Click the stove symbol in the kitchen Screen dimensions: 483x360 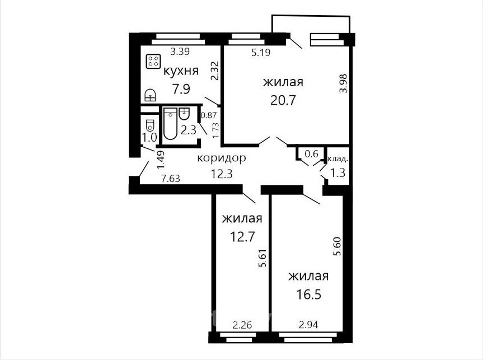click(153, 61)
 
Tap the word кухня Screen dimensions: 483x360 click(181, 71)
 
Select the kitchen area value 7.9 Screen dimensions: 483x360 click(181, 90)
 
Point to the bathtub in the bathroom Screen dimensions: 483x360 click(170, 123)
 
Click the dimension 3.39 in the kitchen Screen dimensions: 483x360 click(180, 52)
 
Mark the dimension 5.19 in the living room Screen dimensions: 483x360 click(261, 53)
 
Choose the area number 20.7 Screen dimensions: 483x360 click(283, 100)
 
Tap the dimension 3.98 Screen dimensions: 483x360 click(343, 83)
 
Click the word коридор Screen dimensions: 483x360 click(222, 158)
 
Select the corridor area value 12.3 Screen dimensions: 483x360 click(222, 174)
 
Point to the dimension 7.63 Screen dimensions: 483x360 click(171, 178)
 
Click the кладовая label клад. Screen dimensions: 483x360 click(338, 159)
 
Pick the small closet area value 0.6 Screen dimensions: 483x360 click(311, 153)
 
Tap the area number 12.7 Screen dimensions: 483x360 click(242, 237)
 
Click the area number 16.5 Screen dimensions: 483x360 click(308, 294)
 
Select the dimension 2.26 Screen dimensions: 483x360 click(242, 325)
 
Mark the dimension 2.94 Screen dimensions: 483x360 click(308, 325)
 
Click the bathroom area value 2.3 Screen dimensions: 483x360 click(189, 130)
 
